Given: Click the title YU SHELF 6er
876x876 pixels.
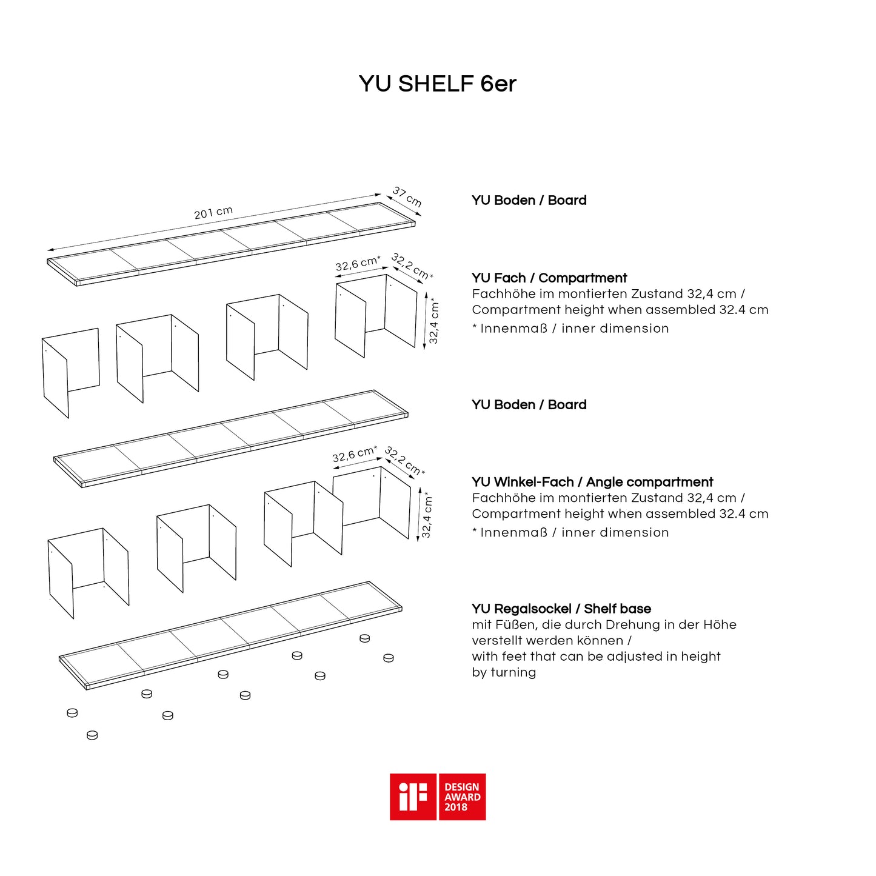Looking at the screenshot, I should coord(437,84).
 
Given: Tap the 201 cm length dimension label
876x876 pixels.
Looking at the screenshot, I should coord(213,213).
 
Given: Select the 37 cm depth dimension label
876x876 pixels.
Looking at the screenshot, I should coord(407,196).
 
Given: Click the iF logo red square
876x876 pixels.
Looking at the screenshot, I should coord(413,797).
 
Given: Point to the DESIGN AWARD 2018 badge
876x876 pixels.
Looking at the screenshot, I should coord(462,797).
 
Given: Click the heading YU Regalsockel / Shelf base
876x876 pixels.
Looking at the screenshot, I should coord(561,609).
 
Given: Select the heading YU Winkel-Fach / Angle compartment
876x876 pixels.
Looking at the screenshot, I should coord(592,482).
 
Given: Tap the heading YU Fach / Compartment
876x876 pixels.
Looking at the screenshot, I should coord(549,278).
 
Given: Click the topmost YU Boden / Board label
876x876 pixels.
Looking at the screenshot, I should coord(529,200).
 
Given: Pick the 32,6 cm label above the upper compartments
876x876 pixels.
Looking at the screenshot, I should coord(358,264).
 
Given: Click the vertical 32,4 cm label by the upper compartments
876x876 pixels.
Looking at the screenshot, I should coord(433,321).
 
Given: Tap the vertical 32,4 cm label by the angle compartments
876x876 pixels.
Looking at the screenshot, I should coord(427,515).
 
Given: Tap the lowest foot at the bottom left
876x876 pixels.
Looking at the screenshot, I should coord(92,735).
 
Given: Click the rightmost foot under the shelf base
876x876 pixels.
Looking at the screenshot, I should coord(389,658).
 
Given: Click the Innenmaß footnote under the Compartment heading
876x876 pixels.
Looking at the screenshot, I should coord(570,329).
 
